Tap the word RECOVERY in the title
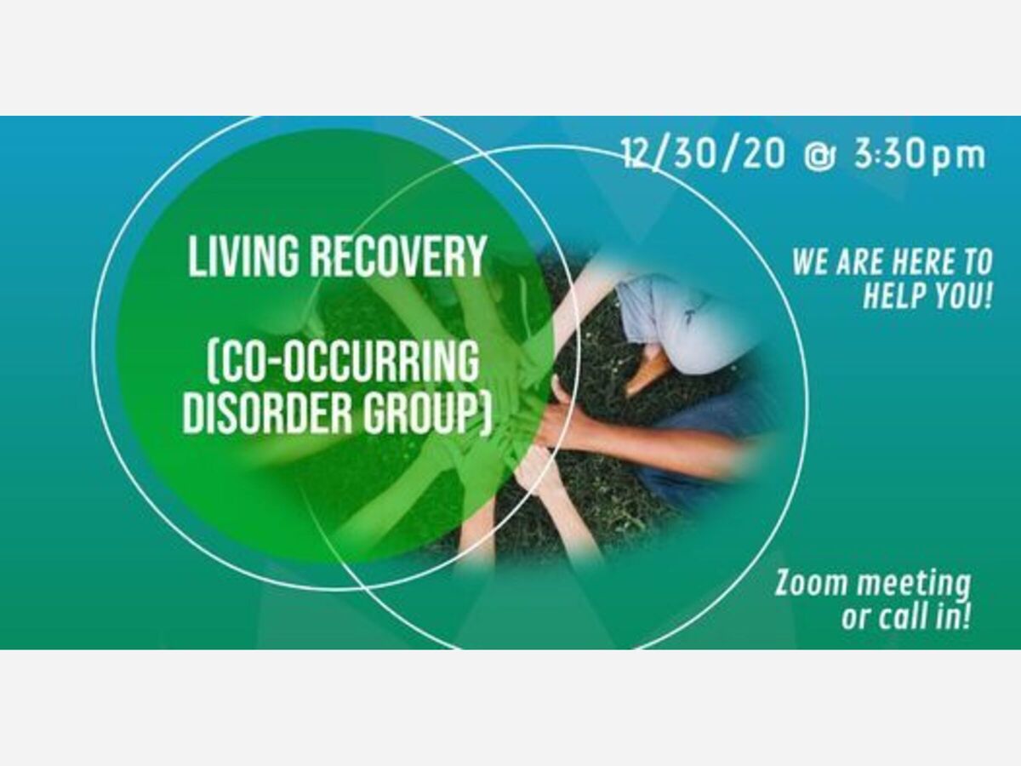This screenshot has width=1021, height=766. [x=399, y=256]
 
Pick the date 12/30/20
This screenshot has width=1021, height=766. [x=704, y=154]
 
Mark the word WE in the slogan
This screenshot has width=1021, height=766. [x=811, y=262]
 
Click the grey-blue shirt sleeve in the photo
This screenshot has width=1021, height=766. [x=675, y=321]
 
